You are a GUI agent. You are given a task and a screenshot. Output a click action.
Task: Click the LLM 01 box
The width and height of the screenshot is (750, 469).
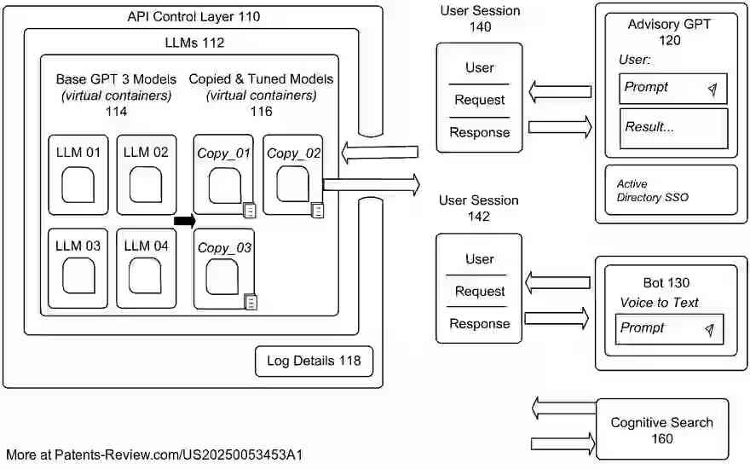(x=78, y=174)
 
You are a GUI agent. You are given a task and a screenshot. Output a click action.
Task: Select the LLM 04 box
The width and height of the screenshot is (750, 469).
(x=147, y=268)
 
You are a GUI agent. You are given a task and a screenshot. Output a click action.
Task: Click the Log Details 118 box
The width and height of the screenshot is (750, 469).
(x=314, y=361)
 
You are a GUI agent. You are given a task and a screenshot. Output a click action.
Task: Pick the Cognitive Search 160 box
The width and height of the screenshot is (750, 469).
(x=661, y=430)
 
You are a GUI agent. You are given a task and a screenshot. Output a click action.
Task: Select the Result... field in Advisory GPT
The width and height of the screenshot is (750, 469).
(x=673, y=128)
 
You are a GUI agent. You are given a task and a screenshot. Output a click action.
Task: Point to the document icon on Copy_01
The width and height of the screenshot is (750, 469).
(x=250, y=209)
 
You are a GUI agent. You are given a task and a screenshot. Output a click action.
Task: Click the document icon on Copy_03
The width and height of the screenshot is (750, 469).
(x=251, y=301)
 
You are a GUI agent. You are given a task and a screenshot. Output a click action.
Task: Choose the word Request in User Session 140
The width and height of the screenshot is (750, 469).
(x=479, y=100)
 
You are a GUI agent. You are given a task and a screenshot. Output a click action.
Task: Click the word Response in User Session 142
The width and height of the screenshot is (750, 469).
(x=479, y=324)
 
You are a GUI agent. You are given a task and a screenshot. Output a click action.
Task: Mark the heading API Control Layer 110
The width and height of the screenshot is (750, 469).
(x=193, y=16)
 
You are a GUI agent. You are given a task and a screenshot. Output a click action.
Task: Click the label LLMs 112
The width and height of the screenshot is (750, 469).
(x=194, y=42)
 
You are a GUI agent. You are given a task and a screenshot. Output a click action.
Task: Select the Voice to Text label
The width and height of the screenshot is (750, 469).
(x=659, y=303)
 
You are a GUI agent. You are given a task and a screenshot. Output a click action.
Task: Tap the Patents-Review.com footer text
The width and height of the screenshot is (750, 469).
(x=154, y=455)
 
